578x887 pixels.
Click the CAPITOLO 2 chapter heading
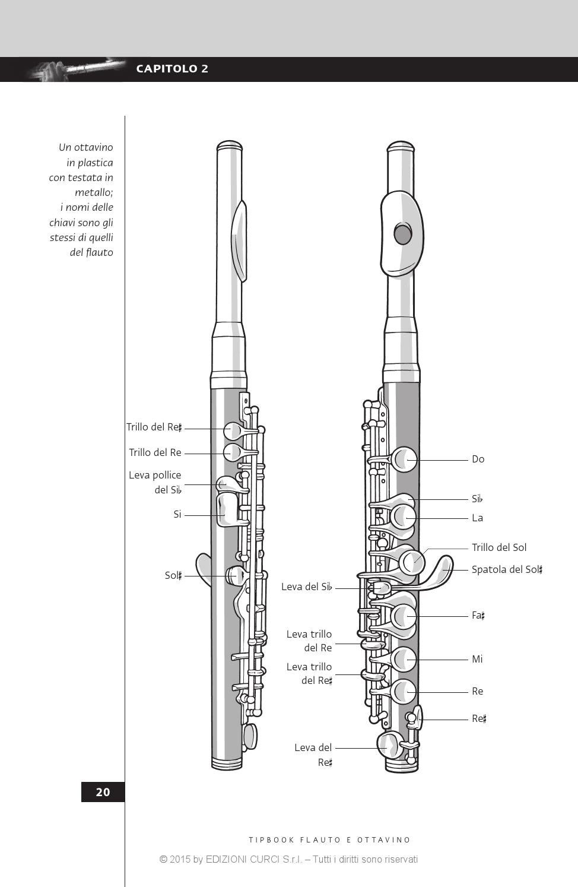(x=172, y=69)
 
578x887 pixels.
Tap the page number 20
(x=103, y=792)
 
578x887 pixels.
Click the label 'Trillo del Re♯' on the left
(x=154, y=427)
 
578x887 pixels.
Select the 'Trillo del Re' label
(x=155, y=452)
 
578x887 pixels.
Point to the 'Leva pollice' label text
(x=155, y=475)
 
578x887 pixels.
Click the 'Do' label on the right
(x=478, y=459)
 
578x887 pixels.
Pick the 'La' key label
(x=477, y=518)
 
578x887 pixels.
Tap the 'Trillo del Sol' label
(x=498, y=547)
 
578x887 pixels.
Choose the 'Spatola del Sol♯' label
(x=507, y=569)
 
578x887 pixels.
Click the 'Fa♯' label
(x=478, y=616)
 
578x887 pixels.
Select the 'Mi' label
(x=477, y=659)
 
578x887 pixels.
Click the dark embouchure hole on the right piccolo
(x=403, y=235)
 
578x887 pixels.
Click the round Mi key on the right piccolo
(x=404, y=659)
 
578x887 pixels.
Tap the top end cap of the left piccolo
(x=229, y=146)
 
